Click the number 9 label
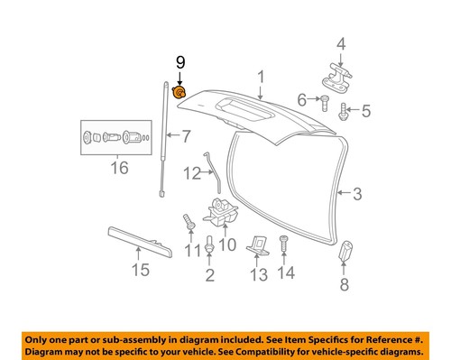point(179,62)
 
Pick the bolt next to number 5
point(344,114)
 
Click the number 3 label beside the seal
point(356,192)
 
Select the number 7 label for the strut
point(186,137)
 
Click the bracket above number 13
point(258,246)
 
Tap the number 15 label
point(138,270)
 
